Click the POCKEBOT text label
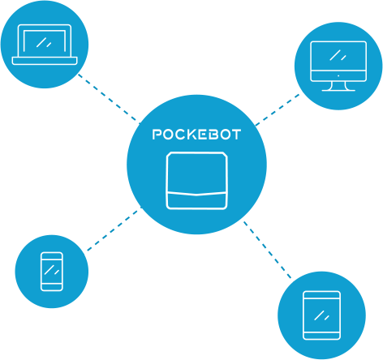click(x=196, y=135)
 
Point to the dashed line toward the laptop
click(x=110, y=99)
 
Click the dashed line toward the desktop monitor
click(x=278, y=109)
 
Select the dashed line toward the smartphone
click(x=114, y=229)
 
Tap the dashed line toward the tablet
click(x=267, y=250)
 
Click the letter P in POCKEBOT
click(x=157, y=135)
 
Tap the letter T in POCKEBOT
click(x=236, y=135)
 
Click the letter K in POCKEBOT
click(x=192, y=135)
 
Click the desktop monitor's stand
click(x=338, y=86)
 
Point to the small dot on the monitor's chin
click(x=338, y=75)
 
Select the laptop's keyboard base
click(x=45, y=61)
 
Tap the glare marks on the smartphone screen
click(x=52, y=270)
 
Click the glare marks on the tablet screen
click(x=321, y=315)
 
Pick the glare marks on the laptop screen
click(x=44, y=42)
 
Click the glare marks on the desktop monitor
click(x=338, y=55)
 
